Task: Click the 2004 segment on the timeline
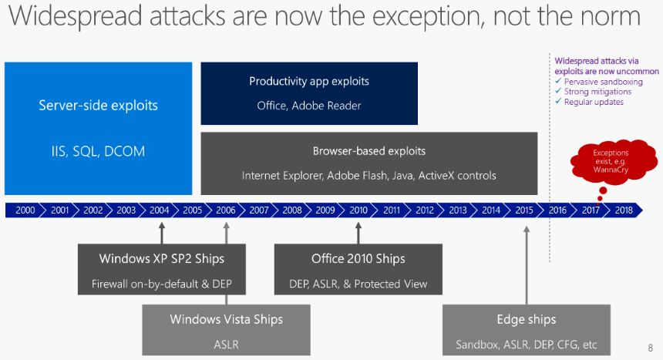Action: [160, 210]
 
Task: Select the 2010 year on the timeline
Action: [358, 210]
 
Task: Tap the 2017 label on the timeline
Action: [591, 210]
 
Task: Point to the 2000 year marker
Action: [25, 210]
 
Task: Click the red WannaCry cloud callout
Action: [614, 161]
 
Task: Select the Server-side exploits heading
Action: [98, 106]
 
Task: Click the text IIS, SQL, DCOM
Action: [98, 151]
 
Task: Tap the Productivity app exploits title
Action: [309, 81]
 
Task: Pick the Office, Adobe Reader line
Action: [309, 106]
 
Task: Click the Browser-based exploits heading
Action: [369, 151]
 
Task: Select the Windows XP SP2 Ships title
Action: [162, 258]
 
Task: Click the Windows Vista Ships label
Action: [226, 319]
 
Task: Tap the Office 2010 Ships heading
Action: [358, 258]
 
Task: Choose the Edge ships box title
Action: [527, 319]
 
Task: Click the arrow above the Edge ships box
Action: [527, 265]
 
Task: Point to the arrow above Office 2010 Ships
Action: [358, 233]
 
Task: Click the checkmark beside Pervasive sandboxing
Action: [558, 81]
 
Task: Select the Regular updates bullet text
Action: [594, 102]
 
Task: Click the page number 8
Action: [651, 348]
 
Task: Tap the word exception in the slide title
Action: [428, 16]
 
